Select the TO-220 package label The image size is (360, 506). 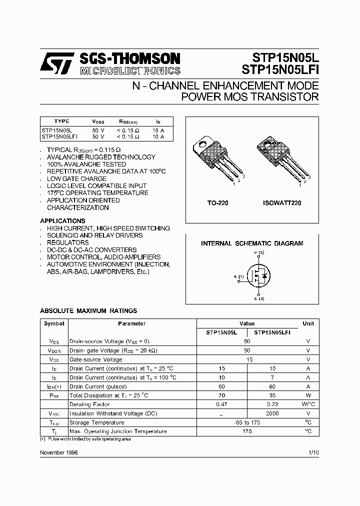(218, 203)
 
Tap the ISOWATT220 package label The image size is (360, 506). (282, 203)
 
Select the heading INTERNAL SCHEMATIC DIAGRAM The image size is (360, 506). (252, 243)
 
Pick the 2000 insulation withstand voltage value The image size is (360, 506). (272, 413)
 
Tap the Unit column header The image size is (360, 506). (308, 323)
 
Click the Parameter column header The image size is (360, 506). (132, 323)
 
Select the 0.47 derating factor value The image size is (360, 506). (221, 404)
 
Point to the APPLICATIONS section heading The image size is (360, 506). (62, 220)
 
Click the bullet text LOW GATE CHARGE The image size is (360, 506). (76, 178)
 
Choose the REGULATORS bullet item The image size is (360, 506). (67, 242)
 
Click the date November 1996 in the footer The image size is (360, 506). (58, 452)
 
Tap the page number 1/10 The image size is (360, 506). (313, 452)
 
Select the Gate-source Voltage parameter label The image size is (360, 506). (95, 359)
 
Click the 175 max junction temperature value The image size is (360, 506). (247, 431)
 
